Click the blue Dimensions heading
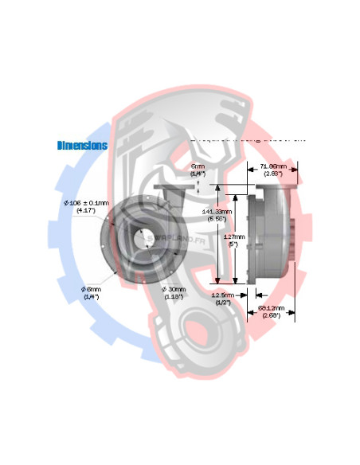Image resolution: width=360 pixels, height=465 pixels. (82, 146)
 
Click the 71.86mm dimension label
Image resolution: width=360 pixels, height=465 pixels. (278, 166)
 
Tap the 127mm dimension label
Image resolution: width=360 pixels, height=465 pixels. (233, 236)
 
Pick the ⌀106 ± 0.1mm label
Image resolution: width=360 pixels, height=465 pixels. (80, 203)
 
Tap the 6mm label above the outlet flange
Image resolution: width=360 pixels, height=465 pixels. (198, 166)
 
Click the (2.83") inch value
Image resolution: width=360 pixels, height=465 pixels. (278, 173)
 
